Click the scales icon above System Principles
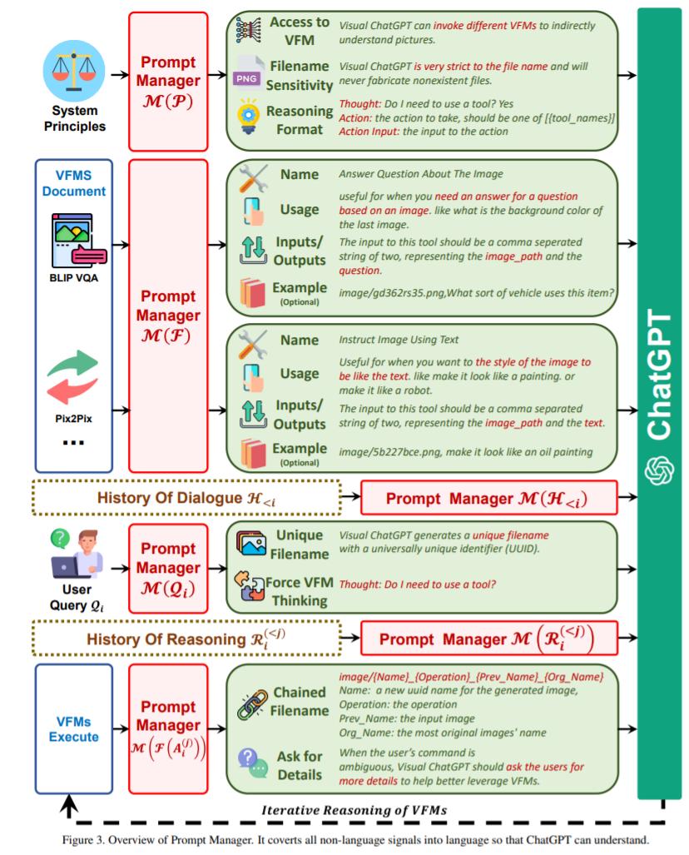click(x=75, y=72)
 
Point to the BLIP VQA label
click(x=75, y=278)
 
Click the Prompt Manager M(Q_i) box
click(x=168, y=568)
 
